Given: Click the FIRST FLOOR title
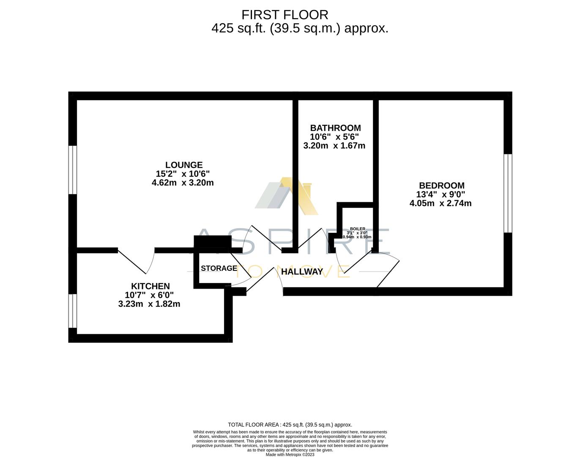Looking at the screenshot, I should point(285,15).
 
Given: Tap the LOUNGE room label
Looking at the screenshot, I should point(183,165).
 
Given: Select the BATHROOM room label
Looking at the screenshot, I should point(335,128).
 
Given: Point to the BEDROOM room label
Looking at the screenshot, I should point(441,185).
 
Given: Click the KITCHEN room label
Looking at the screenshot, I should point(150,286).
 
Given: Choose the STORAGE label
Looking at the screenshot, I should point(219,268).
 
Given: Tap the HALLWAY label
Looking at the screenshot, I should point(302,272).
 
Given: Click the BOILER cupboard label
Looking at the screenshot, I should point(357,229).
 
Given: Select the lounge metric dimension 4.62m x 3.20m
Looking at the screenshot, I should point(183,183).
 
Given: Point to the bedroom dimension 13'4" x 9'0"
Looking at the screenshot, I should point(440,195).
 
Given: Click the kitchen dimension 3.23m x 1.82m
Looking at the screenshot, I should point(149,304).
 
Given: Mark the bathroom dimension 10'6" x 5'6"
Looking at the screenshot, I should point(334,137).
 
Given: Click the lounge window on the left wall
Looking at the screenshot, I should point(73,170).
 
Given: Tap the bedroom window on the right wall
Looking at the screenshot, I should point(508,193).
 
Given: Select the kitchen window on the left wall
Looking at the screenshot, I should point(73,311).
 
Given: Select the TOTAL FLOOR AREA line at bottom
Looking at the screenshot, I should point(290,424).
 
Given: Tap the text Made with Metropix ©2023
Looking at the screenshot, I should point(290,454).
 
